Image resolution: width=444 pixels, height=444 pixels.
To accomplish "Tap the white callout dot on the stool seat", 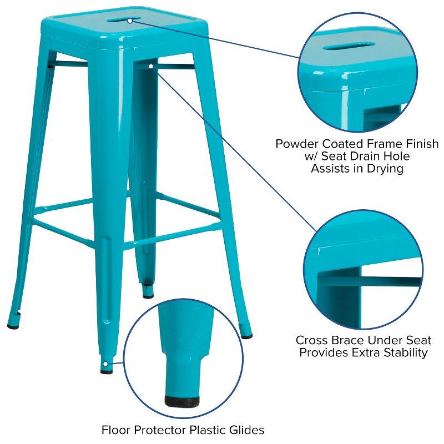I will point(129,21).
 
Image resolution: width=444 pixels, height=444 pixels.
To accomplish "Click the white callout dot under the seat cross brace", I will point(151,66).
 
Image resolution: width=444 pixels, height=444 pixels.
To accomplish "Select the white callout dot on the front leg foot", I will point(105,364).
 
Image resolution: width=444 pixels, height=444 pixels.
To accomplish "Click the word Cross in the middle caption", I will point(312,340).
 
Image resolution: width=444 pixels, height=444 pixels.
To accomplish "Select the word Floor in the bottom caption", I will point(116,430).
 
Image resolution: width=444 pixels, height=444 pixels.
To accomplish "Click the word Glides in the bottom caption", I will point(246,430).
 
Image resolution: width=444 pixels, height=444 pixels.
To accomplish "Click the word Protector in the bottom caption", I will point(159,430).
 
